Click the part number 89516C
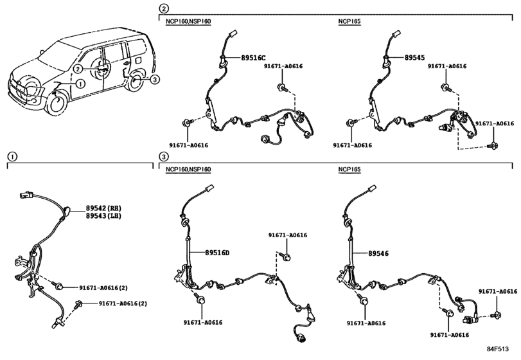[x=254, y=57]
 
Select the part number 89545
[x=414, y=57]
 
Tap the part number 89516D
[x=217, y=253]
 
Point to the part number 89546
[x=378, y=253]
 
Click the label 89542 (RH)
[x=103, y=208]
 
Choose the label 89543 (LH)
[x=103, y=216]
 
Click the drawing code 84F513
[x=498, y=349]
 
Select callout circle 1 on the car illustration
[x=80, y=84]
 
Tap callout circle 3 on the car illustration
[x=155, y=79]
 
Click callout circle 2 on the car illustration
[x=78, y=69]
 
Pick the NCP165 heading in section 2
[x=349, y=22]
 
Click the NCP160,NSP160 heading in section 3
[x=188, y=170]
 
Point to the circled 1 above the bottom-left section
[x=12, y=157]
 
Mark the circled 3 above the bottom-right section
[x=164, y=157]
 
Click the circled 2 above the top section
[x=164, y=8]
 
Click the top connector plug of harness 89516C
[x=233, y=34]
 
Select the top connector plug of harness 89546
[x=372, y=188]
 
